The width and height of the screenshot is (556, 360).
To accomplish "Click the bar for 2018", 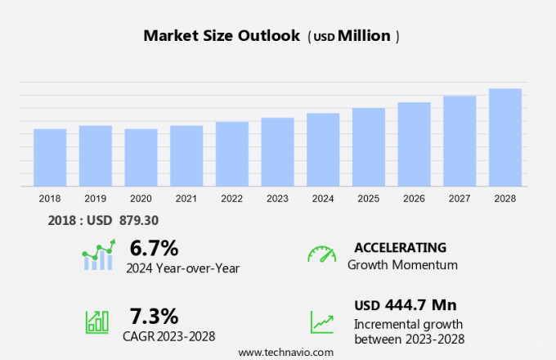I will click(50, 157).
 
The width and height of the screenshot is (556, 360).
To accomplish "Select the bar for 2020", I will click(141, 157).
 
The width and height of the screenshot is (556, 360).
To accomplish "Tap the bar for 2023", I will click(278, 152).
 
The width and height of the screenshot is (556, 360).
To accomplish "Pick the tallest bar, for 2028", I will click(505, 137).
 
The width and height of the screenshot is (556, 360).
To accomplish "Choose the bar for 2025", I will click(369, 147).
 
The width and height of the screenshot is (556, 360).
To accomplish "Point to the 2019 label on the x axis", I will click(96, 198).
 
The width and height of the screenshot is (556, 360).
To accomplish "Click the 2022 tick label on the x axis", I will click(232, 198).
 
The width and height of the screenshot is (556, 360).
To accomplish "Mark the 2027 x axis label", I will click(460, 198).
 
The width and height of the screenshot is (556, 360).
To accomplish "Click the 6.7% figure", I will click(154, 247).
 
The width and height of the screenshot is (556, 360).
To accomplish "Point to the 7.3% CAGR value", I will click(154, 316).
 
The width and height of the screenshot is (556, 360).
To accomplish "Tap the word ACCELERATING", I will click(401, 247).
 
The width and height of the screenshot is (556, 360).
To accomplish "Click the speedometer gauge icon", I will click(321, 254).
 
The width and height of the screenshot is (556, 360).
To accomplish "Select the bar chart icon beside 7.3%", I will click(96, 322).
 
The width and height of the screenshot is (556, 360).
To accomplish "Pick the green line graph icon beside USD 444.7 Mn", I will click(321, 322).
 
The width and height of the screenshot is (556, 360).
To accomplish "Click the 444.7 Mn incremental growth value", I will click(416, 305).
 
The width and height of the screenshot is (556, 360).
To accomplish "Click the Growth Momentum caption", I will click(402, 264).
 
